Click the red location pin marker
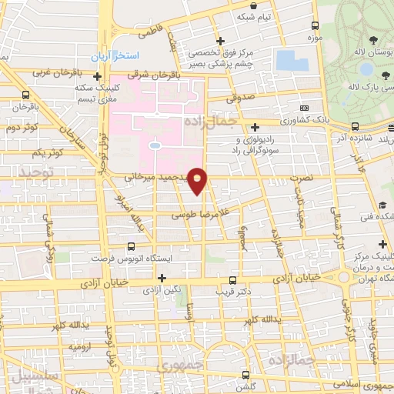click(x=198, y=181)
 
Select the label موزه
click(x=313, y=37)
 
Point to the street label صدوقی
click(x=242, y=98)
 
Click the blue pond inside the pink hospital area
click(x=155, y=145)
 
